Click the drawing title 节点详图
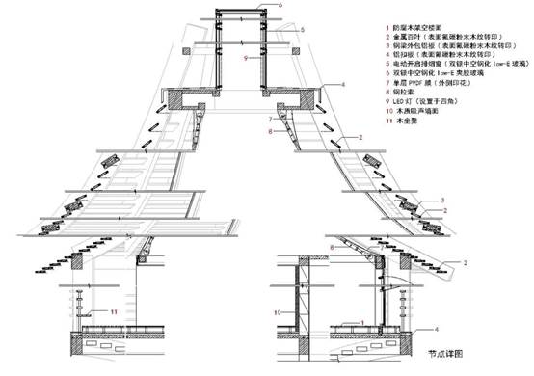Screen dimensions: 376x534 coord(450,357)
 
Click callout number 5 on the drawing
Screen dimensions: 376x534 coord(302,31)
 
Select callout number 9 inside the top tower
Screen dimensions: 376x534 coord(246,59)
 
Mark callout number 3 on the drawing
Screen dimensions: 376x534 coord(442,199)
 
